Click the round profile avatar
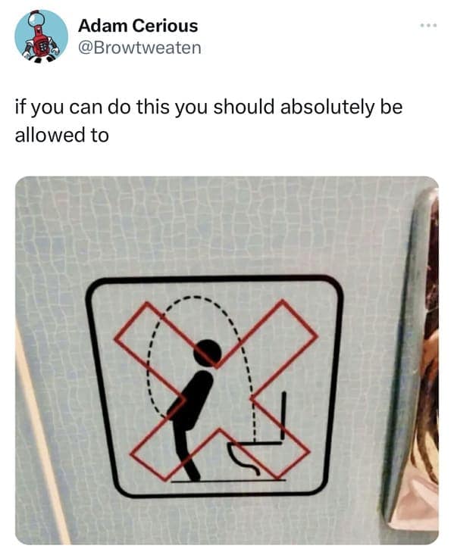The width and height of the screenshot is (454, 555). (x=41, y=36)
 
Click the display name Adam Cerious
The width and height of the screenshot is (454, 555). (x=138, y=26)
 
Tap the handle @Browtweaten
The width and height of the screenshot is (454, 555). (x=139, y=48)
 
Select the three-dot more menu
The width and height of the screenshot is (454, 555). (x=428, y=26)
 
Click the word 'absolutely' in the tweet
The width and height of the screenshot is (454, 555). (x=327, y=107)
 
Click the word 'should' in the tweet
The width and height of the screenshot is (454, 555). (x=244, y=107)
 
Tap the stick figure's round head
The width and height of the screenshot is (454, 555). (x=208, y=353)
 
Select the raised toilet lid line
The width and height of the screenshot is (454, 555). (x=283, y=416)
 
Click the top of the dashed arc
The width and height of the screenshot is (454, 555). (x=194, y=298)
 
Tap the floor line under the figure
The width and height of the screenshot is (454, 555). (x=229, y=481)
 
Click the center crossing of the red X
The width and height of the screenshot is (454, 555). (x=217, y=398)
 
